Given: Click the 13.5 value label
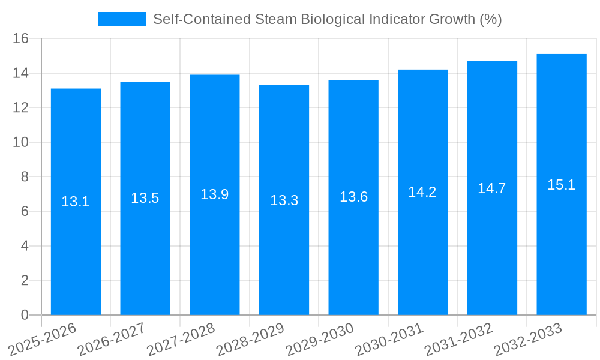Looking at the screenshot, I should [145, 198].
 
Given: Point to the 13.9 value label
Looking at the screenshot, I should [214, 194].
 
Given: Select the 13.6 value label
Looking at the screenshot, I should [353, 197].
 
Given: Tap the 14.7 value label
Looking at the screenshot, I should [492, 188].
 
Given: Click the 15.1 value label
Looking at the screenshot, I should [562, 185].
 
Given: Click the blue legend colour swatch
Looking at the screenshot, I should [121, 19].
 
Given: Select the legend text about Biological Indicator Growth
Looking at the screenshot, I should [327, 19].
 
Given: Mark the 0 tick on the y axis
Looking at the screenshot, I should [25, 315].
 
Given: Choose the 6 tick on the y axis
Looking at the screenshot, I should [25, 211].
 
